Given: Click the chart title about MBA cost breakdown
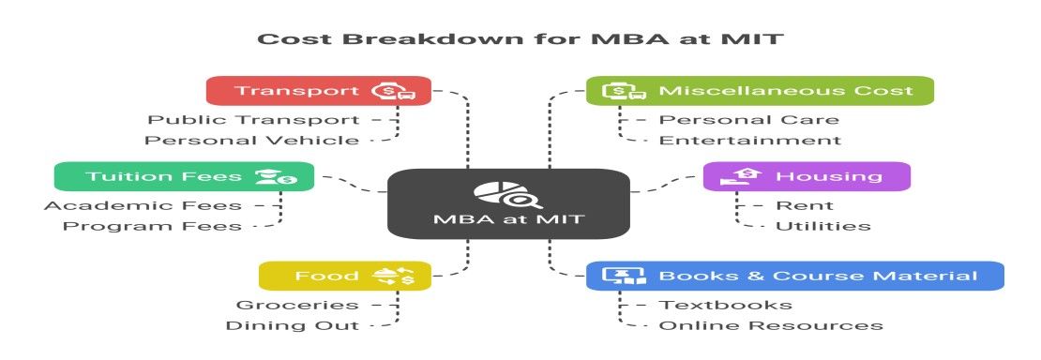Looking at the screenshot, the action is pos(520,38).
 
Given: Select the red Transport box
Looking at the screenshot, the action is pos(319,90).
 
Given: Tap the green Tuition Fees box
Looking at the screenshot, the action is pos(184,176).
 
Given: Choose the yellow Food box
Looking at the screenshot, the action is pos(344,276).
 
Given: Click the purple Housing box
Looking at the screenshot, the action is pos(807,176).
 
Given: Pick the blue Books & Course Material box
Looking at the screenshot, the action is pos(794,276).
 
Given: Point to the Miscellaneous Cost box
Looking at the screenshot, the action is pos(760,90).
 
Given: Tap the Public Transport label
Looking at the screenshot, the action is pos(253,120).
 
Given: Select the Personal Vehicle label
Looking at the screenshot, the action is pos(252,140).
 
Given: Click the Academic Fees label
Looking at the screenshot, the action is pos(143,206).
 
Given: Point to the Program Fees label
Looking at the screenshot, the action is pos(152,226).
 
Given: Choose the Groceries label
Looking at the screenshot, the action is pos(297,305).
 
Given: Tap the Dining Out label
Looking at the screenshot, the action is pos(292,325).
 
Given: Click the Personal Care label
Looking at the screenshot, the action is pos(749,120).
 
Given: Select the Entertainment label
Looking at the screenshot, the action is pos(749,140).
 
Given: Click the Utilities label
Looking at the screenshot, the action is pos(823,226).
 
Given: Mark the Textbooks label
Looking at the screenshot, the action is pos(726,305).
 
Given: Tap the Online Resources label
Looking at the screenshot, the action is pos(771,325).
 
